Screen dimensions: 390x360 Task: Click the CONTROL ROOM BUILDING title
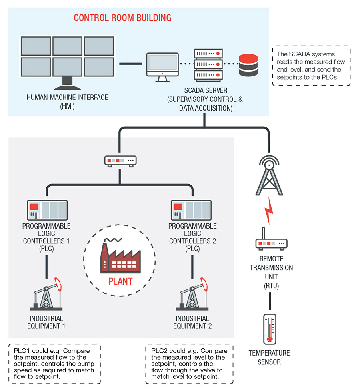click(122, 18)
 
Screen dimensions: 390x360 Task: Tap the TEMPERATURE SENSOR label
click(270, 358)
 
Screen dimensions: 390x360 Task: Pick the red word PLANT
click(120, 281)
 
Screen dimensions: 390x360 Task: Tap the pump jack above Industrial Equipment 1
click(47, 295)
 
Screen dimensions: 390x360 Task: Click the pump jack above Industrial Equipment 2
click(192, 295)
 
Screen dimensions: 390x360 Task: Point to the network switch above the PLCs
click(120, 161)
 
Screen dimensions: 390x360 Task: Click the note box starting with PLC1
click(54, 364)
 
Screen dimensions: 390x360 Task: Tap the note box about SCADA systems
click(311, 65)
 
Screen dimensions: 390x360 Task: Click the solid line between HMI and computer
click(131, 63)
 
